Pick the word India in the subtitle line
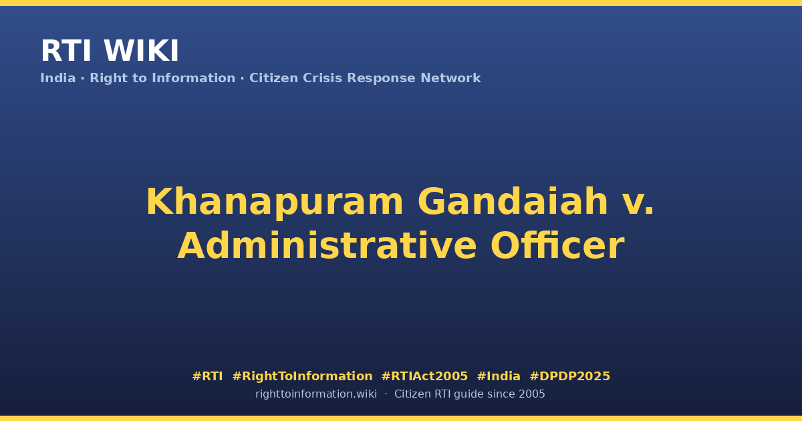[58, 78]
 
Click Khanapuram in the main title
[275, 202]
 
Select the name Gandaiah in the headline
[513, 202]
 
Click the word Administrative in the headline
[327, 246]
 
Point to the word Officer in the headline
[557, 246]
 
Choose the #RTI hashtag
[207, 376]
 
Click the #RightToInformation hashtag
[302, 376]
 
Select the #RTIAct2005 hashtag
[424, 376]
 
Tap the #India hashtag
[499, 376]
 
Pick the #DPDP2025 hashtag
[569, 376]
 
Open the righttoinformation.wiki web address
[316, 394]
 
